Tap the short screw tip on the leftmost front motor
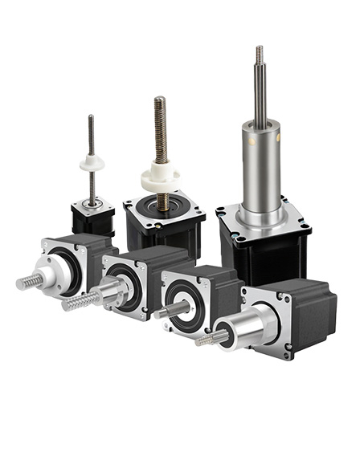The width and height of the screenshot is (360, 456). click(27, 283)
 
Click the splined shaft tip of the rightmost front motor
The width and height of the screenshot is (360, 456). click(207, 340)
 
